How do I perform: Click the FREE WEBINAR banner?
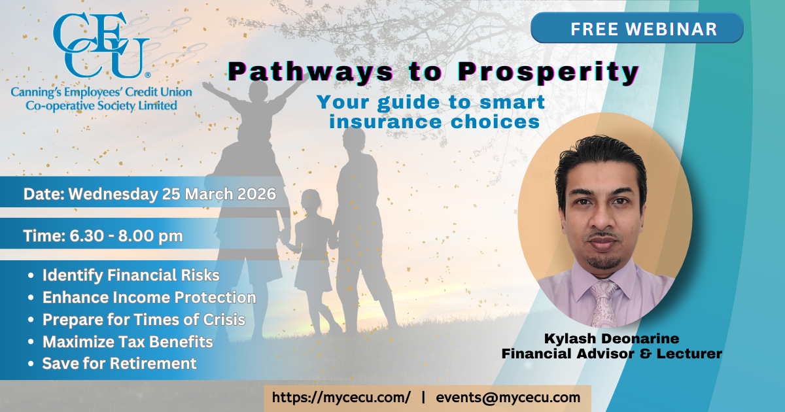pos(637,28)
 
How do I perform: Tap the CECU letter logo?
pos(101,46)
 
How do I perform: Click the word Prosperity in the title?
pos(548,73)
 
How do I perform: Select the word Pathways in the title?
pos(310,73)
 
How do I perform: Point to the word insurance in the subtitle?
pos(386,122)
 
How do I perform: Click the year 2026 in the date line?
pos(256,194)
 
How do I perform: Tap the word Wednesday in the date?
pos(113,194)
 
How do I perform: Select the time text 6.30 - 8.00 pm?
pos(126,236)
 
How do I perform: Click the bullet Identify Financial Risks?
pos(131,275)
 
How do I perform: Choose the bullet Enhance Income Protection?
pos(149,298)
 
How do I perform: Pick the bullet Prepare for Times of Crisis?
pos(144,320)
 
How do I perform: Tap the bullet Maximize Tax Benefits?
pos(128,342)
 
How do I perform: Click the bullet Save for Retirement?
pos(119,364)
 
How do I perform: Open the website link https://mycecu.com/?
pos(341,398)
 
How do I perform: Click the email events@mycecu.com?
pos(508,398)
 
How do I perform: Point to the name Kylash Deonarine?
pos(612,339)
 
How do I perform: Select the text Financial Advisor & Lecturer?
pos(612,354)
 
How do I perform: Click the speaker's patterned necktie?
pos(603,303)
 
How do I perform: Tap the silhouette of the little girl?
pos(313,259)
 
